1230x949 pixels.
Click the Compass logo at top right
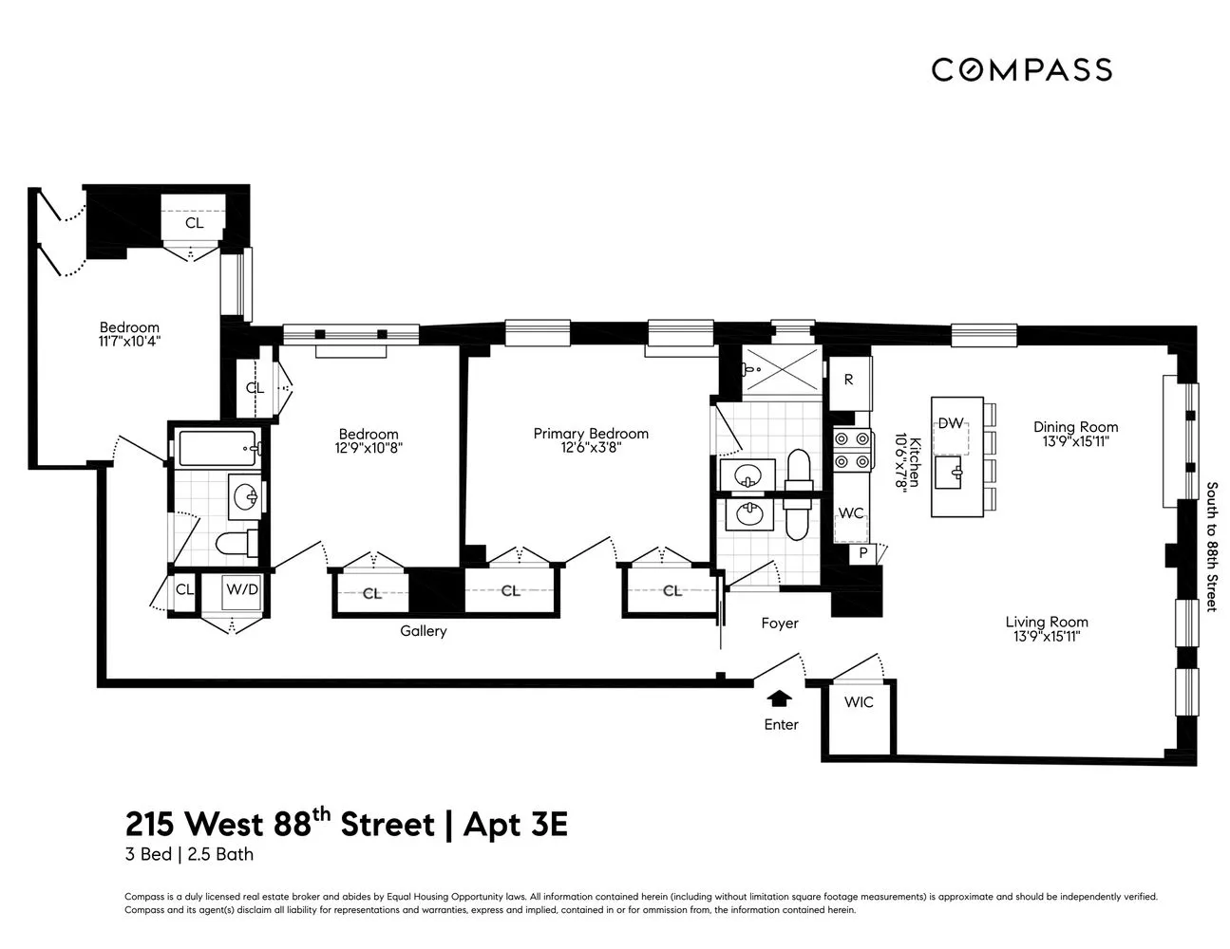(x=1021, y=69)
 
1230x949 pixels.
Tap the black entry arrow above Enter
(x=780, y=699)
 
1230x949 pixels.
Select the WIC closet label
(x=858, y=703)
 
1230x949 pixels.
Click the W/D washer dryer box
(x=241, y=589)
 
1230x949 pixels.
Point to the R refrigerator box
(x=848, y=380)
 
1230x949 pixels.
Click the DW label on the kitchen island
(x=950, y=423)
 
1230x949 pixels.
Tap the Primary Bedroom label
(x=591, y=434)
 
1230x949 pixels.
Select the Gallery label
(x=423, y=631)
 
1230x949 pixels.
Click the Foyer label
(x=780, y=623)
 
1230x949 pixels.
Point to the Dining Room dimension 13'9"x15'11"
(x=1076, y=441)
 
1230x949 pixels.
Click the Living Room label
(x=1047, y=623)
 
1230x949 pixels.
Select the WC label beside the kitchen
(x=851, y=513)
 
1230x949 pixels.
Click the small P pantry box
(x=862, y=552)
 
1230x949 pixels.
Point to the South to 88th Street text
(x=1211, y=547)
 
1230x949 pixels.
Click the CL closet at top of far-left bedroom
(x=194, y=223)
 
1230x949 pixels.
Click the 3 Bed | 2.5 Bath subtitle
(x=189, y=854)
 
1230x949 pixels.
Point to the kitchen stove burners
(x=852, y=450)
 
